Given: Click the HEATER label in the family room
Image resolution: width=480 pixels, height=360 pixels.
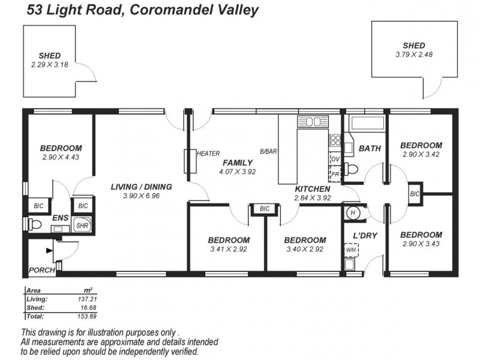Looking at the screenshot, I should [x=208, y=154].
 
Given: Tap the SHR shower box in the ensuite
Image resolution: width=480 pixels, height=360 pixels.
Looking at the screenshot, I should [x=81, y=226].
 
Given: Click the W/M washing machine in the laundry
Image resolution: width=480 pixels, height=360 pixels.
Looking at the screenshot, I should [x=350, y=250].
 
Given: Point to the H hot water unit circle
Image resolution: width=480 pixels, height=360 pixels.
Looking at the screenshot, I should [x=353, y=212].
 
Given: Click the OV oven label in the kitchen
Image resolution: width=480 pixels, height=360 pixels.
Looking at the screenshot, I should [x=335, y=159].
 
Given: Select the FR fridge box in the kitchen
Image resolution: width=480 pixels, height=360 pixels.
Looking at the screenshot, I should [x=335, y=175].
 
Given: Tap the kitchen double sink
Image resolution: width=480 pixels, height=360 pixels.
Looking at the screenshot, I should [x=313, y=122].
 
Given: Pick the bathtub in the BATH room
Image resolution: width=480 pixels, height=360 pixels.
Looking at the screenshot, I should [x=367, y=124].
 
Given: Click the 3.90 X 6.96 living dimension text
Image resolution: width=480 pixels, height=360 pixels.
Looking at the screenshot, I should [x=141, y=196].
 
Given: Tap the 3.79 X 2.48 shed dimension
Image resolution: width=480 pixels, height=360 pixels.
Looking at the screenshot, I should [x=413, y=55].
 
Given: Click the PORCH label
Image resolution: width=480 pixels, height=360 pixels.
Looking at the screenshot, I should [x=41, y=271].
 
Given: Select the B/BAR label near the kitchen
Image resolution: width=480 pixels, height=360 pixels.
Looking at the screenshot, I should [x=268, y=152].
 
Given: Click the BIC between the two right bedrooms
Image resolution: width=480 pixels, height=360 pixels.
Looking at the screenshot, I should [x=415, y=194].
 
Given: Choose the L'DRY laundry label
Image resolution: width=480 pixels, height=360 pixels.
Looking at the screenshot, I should [x=365, y=235].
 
